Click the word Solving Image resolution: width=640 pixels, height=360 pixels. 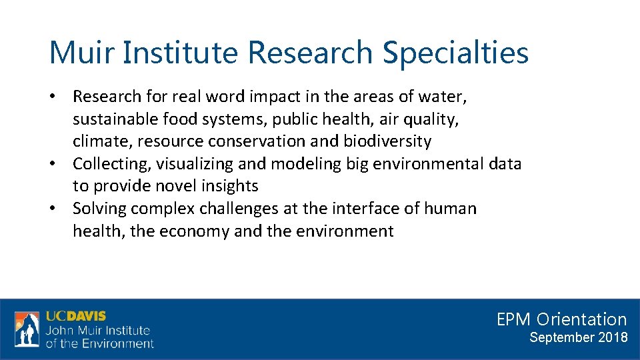(x=99, y=209)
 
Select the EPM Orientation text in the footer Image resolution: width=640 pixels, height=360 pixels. (x=561, y=319)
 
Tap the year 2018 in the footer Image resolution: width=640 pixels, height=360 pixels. (x=613, y=337)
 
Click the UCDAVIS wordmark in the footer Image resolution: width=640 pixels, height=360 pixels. (x=75, y=316)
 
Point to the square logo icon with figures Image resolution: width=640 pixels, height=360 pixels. (x=27, y=329)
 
